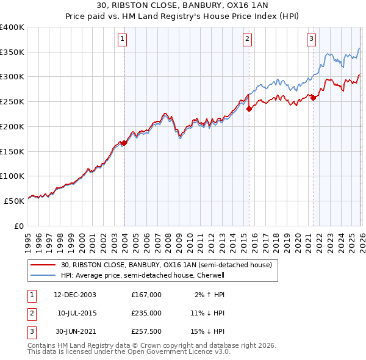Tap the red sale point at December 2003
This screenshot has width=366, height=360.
tap(124, 143)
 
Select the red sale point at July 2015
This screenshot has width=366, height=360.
tap(249, 109)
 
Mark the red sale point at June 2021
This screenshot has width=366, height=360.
tap(313, 98)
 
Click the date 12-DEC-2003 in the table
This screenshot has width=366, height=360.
tap(74, 295)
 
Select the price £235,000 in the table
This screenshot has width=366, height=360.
tap(146, 313)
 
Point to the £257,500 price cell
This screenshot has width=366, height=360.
tap(146, 331)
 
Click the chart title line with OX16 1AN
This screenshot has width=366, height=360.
tap(182, 7)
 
